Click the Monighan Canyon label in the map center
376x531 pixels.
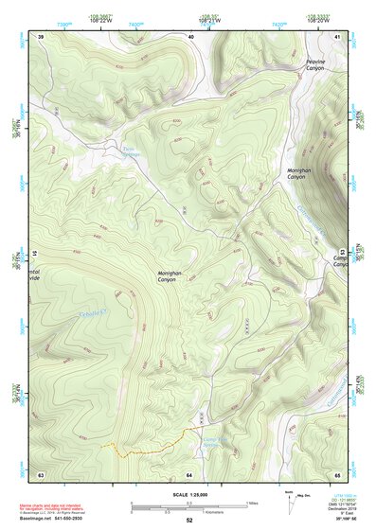click(167, 276)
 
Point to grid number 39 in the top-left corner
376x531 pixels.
click(41, 36)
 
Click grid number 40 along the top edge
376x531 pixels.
click(190, 36)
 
